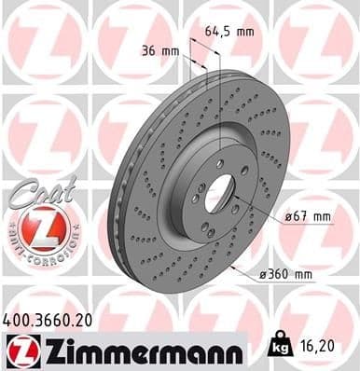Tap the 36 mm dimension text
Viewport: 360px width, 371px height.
pos(161,50)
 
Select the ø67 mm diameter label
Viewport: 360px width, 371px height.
pos(308,216)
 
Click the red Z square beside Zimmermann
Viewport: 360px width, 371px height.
pos(20,348)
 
